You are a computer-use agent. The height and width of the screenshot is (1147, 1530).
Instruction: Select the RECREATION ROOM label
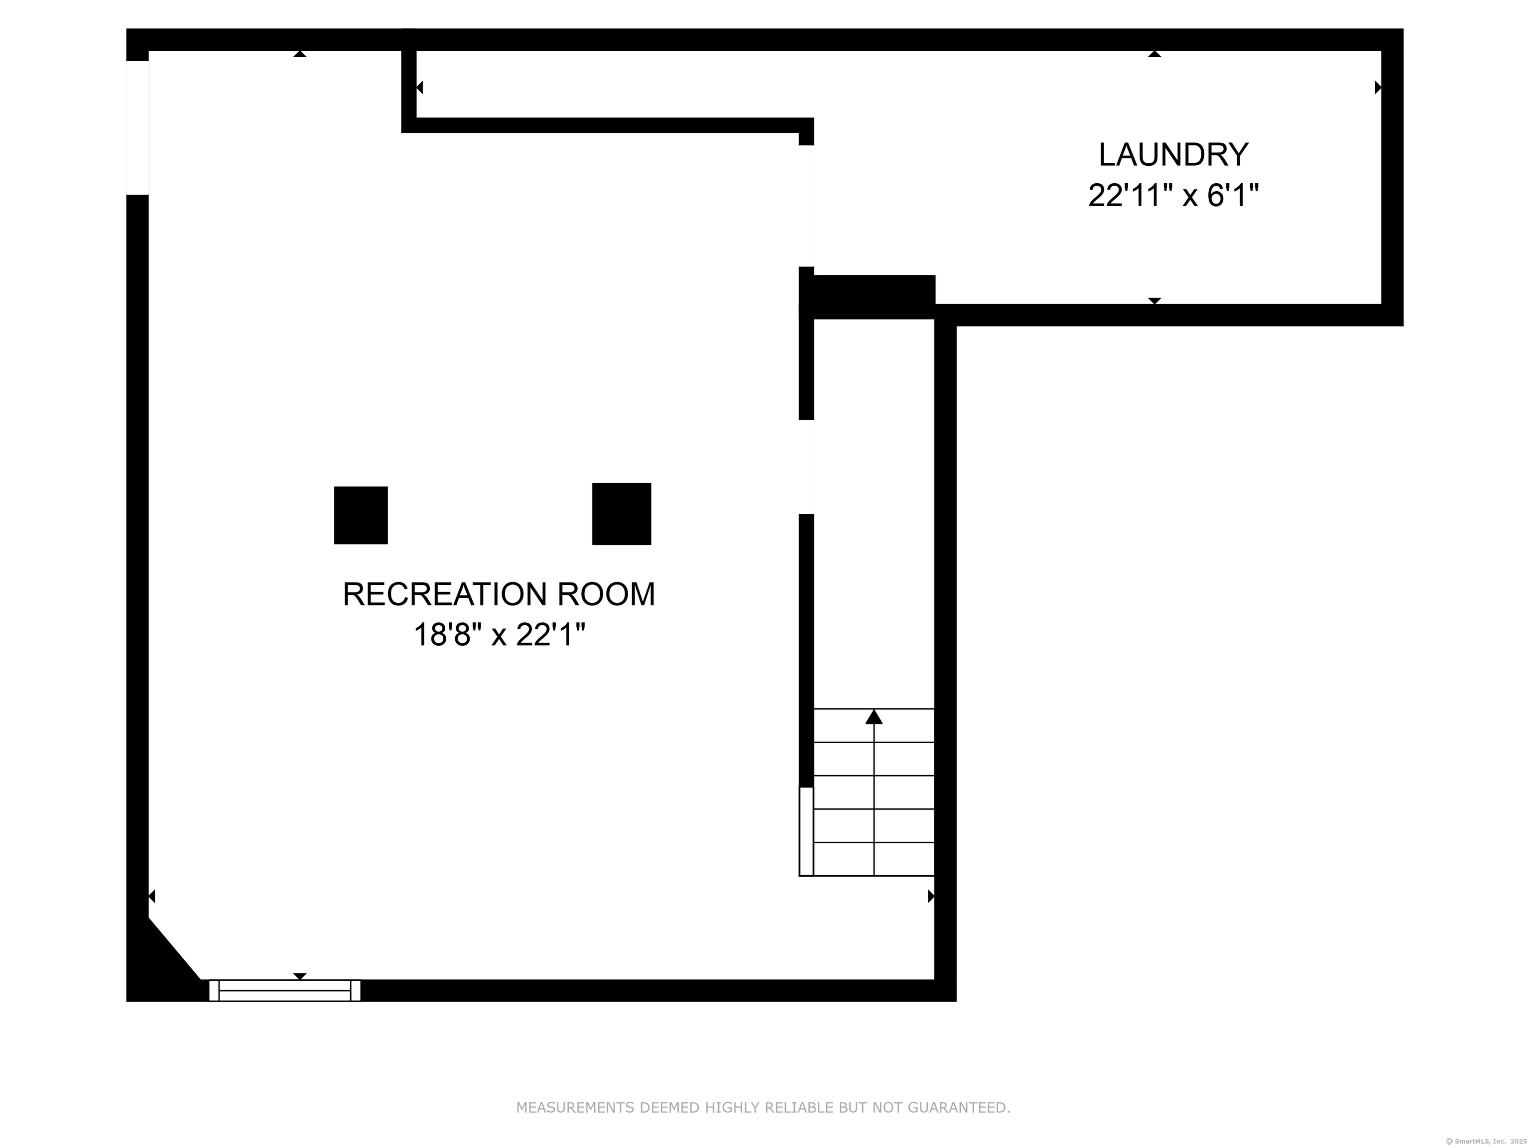tap(499, 594)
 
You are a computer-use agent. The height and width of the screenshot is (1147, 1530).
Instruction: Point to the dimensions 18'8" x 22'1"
tap(499, 634)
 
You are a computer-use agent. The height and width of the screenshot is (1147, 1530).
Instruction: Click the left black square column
tap(361, 515)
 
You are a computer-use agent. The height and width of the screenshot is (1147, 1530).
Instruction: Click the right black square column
tap(621, 514)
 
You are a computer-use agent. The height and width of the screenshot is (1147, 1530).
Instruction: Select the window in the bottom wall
tap(284, 990)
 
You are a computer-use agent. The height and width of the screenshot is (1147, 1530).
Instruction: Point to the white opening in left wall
tap(137, 128)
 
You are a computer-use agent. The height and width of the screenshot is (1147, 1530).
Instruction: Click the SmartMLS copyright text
tap(1488, 1141)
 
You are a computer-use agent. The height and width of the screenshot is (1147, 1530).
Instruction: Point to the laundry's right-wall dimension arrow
tap(1377, 88)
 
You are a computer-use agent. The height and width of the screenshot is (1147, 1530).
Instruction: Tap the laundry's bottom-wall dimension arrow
tap(1154, 301)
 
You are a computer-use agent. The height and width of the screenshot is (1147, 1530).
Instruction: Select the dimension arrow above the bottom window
tap(299, 976)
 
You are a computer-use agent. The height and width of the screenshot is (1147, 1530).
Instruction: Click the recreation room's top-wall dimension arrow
tap(299, 54)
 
